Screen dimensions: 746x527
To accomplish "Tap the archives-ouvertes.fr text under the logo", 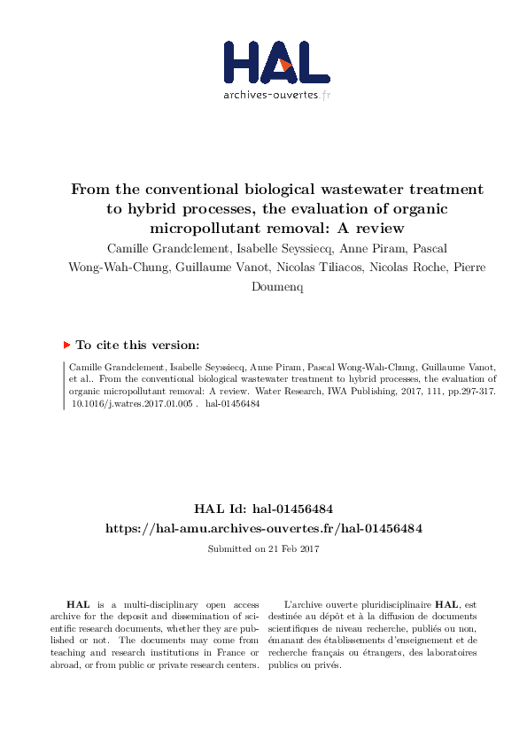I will coord(276,95).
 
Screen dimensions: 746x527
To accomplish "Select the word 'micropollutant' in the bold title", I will coord(203,228).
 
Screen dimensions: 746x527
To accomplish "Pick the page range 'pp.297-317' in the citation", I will coord(437,389).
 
